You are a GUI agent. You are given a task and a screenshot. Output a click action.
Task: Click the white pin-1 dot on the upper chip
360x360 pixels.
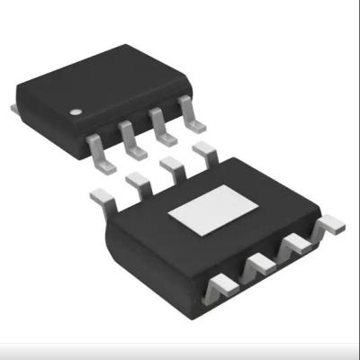[x=78, y=112]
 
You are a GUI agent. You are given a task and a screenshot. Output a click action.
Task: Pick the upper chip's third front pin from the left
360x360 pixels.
[x=158, y=121]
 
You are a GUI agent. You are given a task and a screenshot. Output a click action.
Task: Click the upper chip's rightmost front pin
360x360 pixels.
[x=188, y=112]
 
